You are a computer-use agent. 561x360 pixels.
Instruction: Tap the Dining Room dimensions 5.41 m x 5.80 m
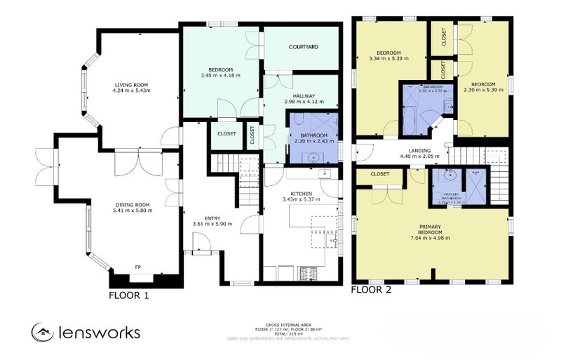[x=133, y=211]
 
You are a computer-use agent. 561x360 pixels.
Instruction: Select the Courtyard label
[x=304, y=47]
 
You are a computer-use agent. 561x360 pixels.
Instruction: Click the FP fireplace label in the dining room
[x=137, y=267]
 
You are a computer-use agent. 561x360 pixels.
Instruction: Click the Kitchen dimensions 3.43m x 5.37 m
[x=301, y=199]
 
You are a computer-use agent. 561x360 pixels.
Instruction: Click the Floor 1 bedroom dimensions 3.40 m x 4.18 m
[x=220, y=75]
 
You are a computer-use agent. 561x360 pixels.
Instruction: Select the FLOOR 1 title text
[x=128, y=295]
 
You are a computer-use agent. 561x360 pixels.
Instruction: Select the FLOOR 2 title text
[x=371, y=288]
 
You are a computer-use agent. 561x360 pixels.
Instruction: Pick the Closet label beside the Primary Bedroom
[x=380, y=174]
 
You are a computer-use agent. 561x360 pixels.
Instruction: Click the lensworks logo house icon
[x=43, y=332]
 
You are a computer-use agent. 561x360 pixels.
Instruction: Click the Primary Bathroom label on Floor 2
[x=451, y=197]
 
